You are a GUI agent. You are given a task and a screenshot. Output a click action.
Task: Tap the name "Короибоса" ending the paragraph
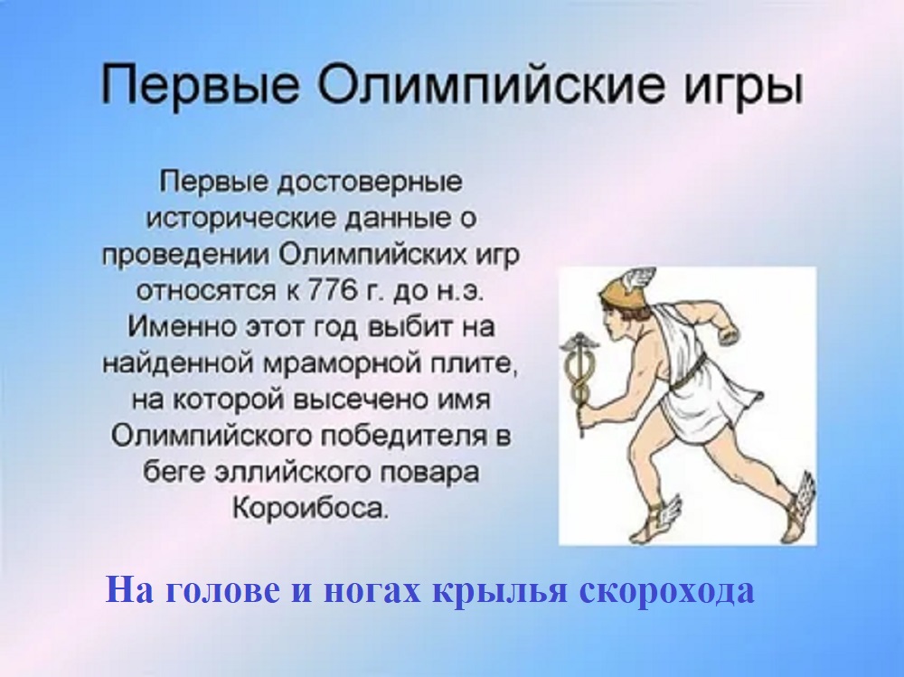309,507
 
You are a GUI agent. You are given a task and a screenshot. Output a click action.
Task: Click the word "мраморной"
342,364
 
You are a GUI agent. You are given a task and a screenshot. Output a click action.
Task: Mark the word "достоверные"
370,183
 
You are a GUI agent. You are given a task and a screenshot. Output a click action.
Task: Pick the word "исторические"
240,219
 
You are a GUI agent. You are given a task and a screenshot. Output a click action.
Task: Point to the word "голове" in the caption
223,590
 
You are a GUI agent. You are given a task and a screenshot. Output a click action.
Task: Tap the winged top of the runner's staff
579,345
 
